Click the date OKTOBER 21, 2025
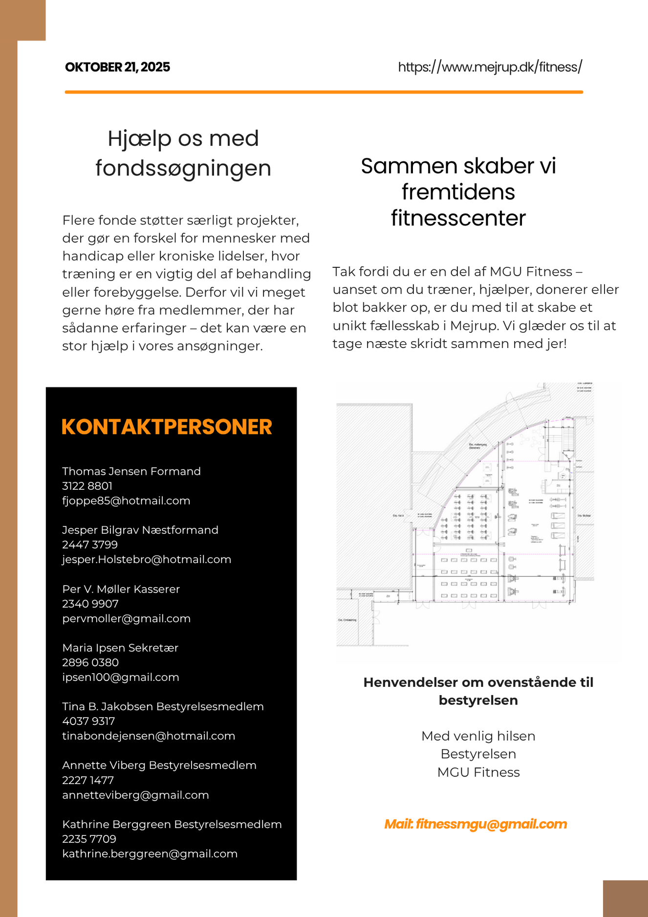[117, 67]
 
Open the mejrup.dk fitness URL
[490, 67]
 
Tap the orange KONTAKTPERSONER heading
[167, 427]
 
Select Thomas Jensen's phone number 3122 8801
[87, 486]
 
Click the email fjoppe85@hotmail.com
[126, 501]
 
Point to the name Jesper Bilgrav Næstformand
[140, 530]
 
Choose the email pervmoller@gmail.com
[126, 618]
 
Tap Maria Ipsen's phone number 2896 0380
[90, 662]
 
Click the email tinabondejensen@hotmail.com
[149, 736]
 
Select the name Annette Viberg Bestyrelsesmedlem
[159, 765]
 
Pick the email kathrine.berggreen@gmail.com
[150, 853]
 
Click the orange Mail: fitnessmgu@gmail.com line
[475, 824]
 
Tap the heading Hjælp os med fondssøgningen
[183, 153]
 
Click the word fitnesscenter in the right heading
[458, 218]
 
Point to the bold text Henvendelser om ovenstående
[478, 682]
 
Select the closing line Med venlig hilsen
[478, 736]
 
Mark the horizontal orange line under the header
[324, 91]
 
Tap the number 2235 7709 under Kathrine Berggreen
[89, 839]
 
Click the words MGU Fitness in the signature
[478, 772]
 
